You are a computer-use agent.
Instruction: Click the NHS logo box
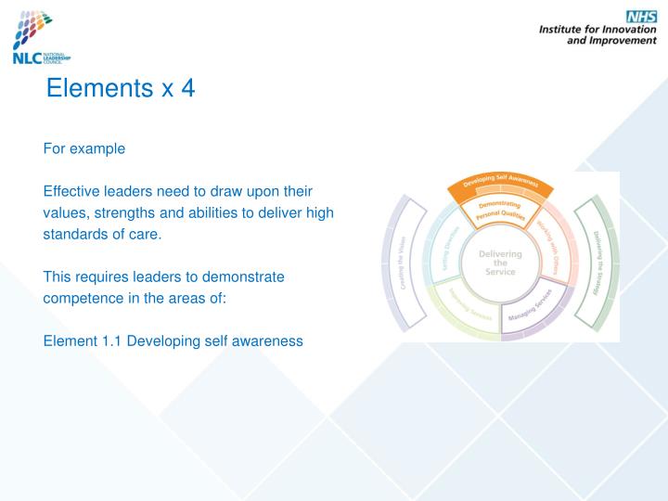click(640, 17)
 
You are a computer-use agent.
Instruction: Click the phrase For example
click(83, 148)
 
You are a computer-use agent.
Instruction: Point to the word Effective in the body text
click(71, 191)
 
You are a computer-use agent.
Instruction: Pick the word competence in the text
click(81, 298)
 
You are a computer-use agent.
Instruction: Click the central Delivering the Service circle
click(501, 261)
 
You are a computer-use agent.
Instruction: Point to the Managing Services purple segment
click(532, 308)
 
